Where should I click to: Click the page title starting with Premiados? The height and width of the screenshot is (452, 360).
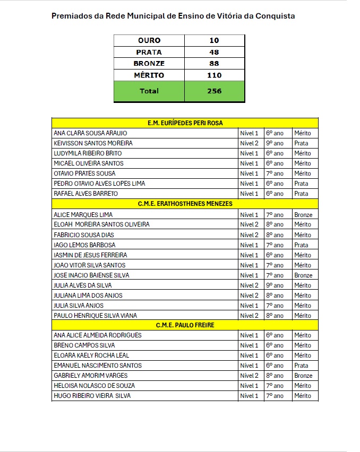click(173, 16)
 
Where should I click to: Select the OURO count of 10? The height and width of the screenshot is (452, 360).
click(214, 40)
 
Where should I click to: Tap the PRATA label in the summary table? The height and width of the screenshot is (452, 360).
click(149, 52)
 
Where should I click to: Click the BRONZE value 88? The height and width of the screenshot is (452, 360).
click(214, 64)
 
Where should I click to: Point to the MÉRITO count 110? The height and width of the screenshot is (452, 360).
click(214, 75)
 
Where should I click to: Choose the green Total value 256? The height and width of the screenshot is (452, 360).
click(214, 91)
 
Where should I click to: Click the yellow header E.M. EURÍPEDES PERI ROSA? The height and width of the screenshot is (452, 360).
click(185, 123)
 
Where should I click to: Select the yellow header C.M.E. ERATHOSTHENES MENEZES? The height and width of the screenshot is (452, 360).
click(185, 204)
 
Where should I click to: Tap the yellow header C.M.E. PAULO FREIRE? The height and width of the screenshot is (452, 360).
click(185, 325)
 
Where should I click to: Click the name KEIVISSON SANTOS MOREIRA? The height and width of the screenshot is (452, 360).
click(93, 143)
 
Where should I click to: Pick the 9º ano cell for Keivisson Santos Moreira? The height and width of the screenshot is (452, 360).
click(275, 143)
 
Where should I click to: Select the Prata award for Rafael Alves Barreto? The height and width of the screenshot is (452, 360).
click(301, 194)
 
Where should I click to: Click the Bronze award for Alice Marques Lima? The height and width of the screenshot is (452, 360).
click(303, 215)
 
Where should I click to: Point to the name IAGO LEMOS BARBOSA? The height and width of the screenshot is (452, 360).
click(84, 245)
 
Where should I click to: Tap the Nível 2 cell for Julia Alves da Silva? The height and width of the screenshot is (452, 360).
click(249, 285)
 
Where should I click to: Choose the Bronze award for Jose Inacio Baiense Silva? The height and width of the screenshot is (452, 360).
click(303, 275)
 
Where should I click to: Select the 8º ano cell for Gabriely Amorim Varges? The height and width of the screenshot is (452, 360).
click(275, 376)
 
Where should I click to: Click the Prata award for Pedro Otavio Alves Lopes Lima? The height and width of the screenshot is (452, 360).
click(301, 184)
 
